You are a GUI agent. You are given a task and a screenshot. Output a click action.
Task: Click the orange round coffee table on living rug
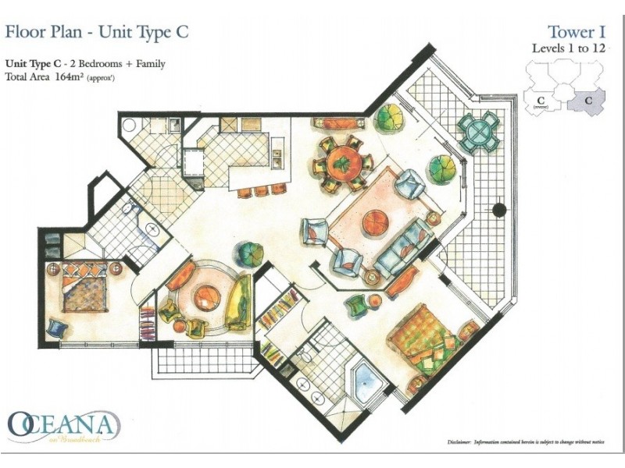point(376,222)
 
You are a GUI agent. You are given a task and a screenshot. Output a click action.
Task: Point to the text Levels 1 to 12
point(569,48)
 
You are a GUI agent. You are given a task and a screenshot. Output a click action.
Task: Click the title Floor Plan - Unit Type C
point(97,32)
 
